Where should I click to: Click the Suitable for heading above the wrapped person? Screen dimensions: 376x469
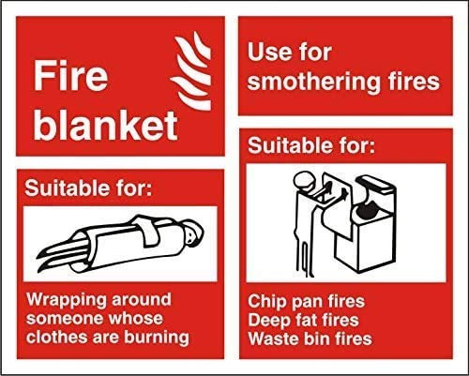[88, 188]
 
